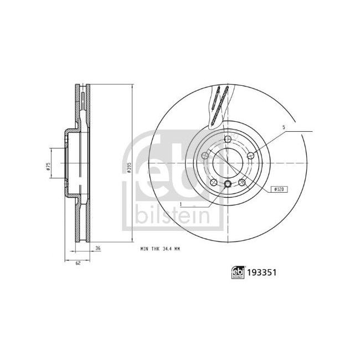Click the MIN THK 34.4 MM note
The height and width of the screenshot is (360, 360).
[x=161, y=249]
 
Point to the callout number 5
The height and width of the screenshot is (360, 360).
[x=284, y=127]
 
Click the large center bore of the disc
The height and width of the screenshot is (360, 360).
[x=227, y=162]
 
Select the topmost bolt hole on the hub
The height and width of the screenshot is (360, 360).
[x=227, y=138]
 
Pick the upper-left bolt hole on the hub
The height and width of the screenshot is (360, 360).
[x=205, y=156]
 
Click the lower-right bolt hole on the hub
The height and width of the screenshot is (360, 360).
[x=241, y=182]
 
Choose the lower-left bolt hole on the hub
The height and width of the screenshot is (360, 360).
[x=213, y=182]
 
